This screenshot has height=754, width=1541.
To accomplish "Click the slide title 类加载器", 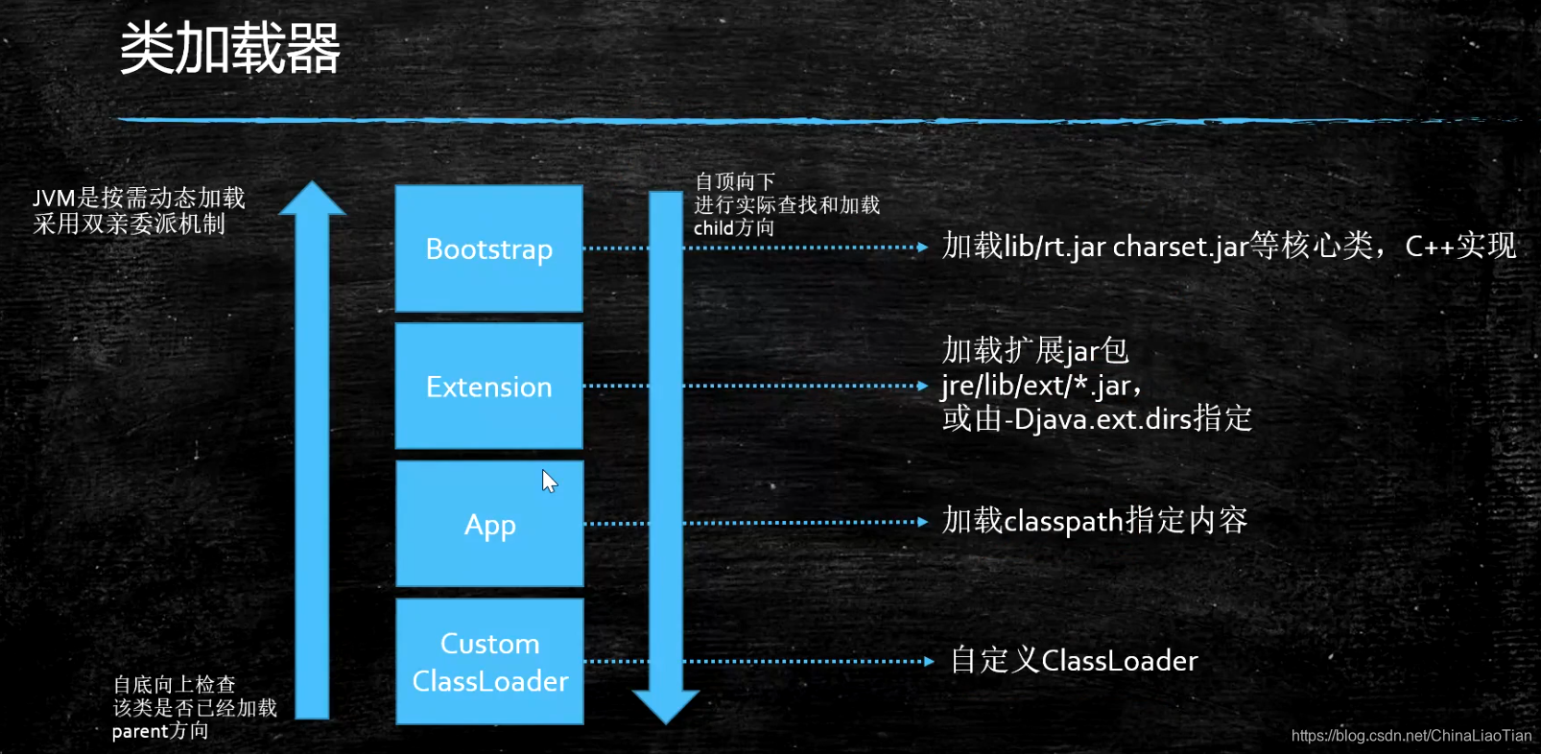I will pos(230,48).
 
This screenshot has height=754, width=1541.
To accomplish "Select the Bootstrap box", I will pos(489,248).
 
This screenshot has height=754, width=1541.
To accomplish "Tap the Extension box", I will pos(489,386).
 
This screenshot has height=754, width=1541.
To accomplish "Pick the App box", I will pos(489,524).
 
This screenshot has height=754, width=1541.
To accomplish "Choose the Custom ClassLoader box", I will pos(489,662).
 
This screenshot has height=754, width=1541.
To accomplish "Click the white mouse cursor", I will pos(549,481).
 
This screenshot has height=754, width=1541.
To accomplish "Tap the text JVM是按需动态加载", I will pos(139,198).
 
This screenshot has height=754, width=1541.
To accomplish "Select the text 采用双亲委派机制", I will pos(130,224).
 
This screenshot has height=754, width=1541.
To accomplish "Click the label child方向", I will pos(734,228).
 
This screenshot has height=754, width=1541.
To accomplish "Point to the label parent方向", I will pos(160,731).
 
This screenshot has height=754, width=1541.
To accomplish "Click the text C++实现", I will pos(1460,247).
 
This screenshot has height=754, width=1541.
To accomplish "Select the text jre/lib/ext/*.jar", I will pos(1038,386).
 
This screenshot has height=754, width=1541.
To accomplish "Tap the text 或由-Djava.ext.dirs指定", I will pos(1097,419).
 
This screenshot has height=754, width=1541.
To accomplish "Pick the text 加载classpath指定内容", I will pos(1095,521).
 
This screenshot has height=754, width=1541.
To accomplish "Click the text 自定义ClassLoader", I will pos(1075,661).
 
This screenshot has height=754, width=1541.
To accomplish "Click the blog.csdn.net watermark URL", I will pos(1411,736).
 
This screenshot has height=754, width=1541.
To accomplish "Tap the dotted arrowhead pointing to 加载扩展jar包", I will pos(922,386).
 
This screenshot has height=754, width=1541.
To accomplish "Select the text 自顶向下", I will pos(735,181).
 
